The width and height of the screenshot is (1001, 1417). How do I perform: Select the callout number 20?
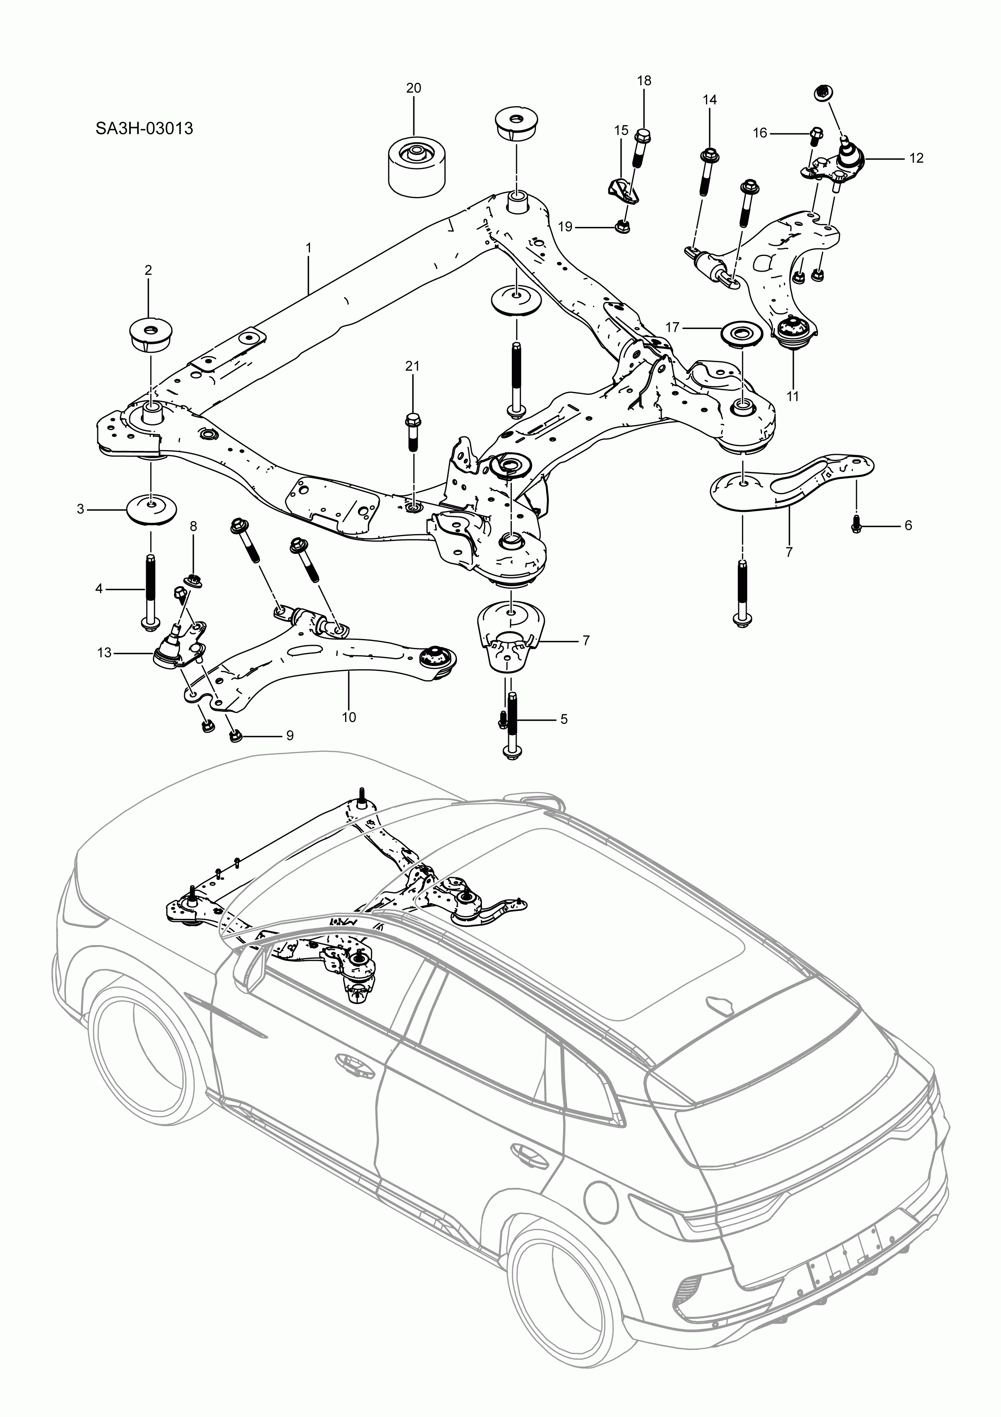click(413, 88)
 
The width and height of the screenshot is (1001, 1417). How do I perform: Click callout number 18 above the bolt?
click(644, 81)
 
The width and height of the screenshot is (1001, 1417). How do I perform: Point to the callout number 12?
click(917, 159)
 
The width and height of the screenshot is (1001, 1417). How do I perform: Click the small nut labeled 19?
click(623, 228)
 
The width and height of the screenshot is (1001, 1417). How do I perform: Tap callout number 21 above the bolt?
click(412, 366)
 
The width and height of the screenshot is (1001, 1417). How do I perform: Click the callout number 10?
click(349, 717)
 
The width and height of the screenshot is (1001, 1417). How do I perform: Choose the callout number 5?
click(563, 719)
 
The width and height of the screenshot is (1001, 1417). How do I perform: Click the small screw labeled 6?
click(856, 524)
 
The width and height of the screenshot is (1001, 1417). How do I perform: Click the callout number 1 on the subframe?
click(308, 247)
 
